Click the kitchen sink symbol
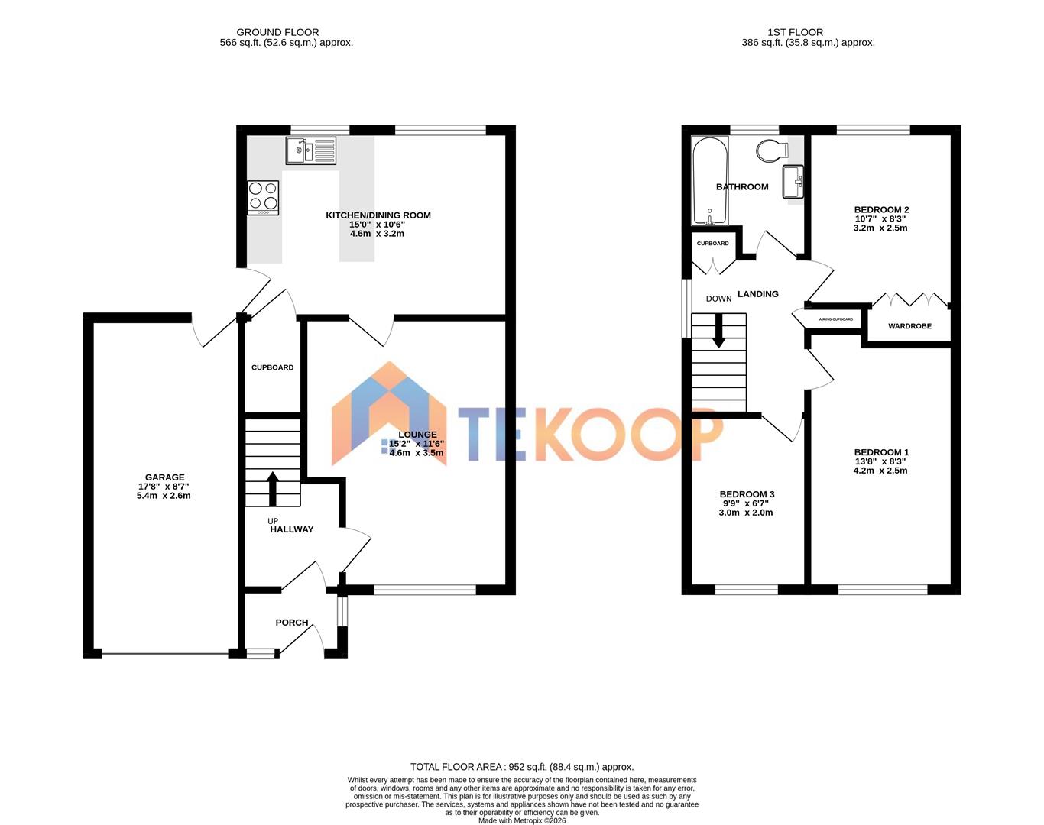pos(310,150)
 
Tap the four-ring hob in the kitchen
pos(263,197)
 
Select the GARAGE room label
pos(165,477)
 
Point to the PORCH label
pos(292,623)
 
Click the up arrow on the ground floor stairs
pos(272,487)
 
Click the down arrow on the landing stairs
pos(718,332)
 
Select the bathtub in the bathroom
pos(710,182)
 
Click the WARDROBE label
pos(909,326)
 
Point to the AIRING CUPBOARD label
pos(835,319)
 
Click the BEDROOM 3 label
pos(747,494)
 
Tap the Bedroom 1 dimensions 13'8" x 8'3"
pos(880,461)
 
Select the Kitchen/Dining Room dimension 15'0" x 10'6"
pos(378,225)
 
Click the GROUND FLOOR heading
pos(277,32)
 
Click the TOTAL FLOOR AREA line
pos(522,767)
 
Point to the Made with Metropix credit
pos(522,821)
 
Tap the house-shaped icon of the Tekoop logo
pos(388,416)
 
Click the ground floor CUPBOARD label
pos(273,367)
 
